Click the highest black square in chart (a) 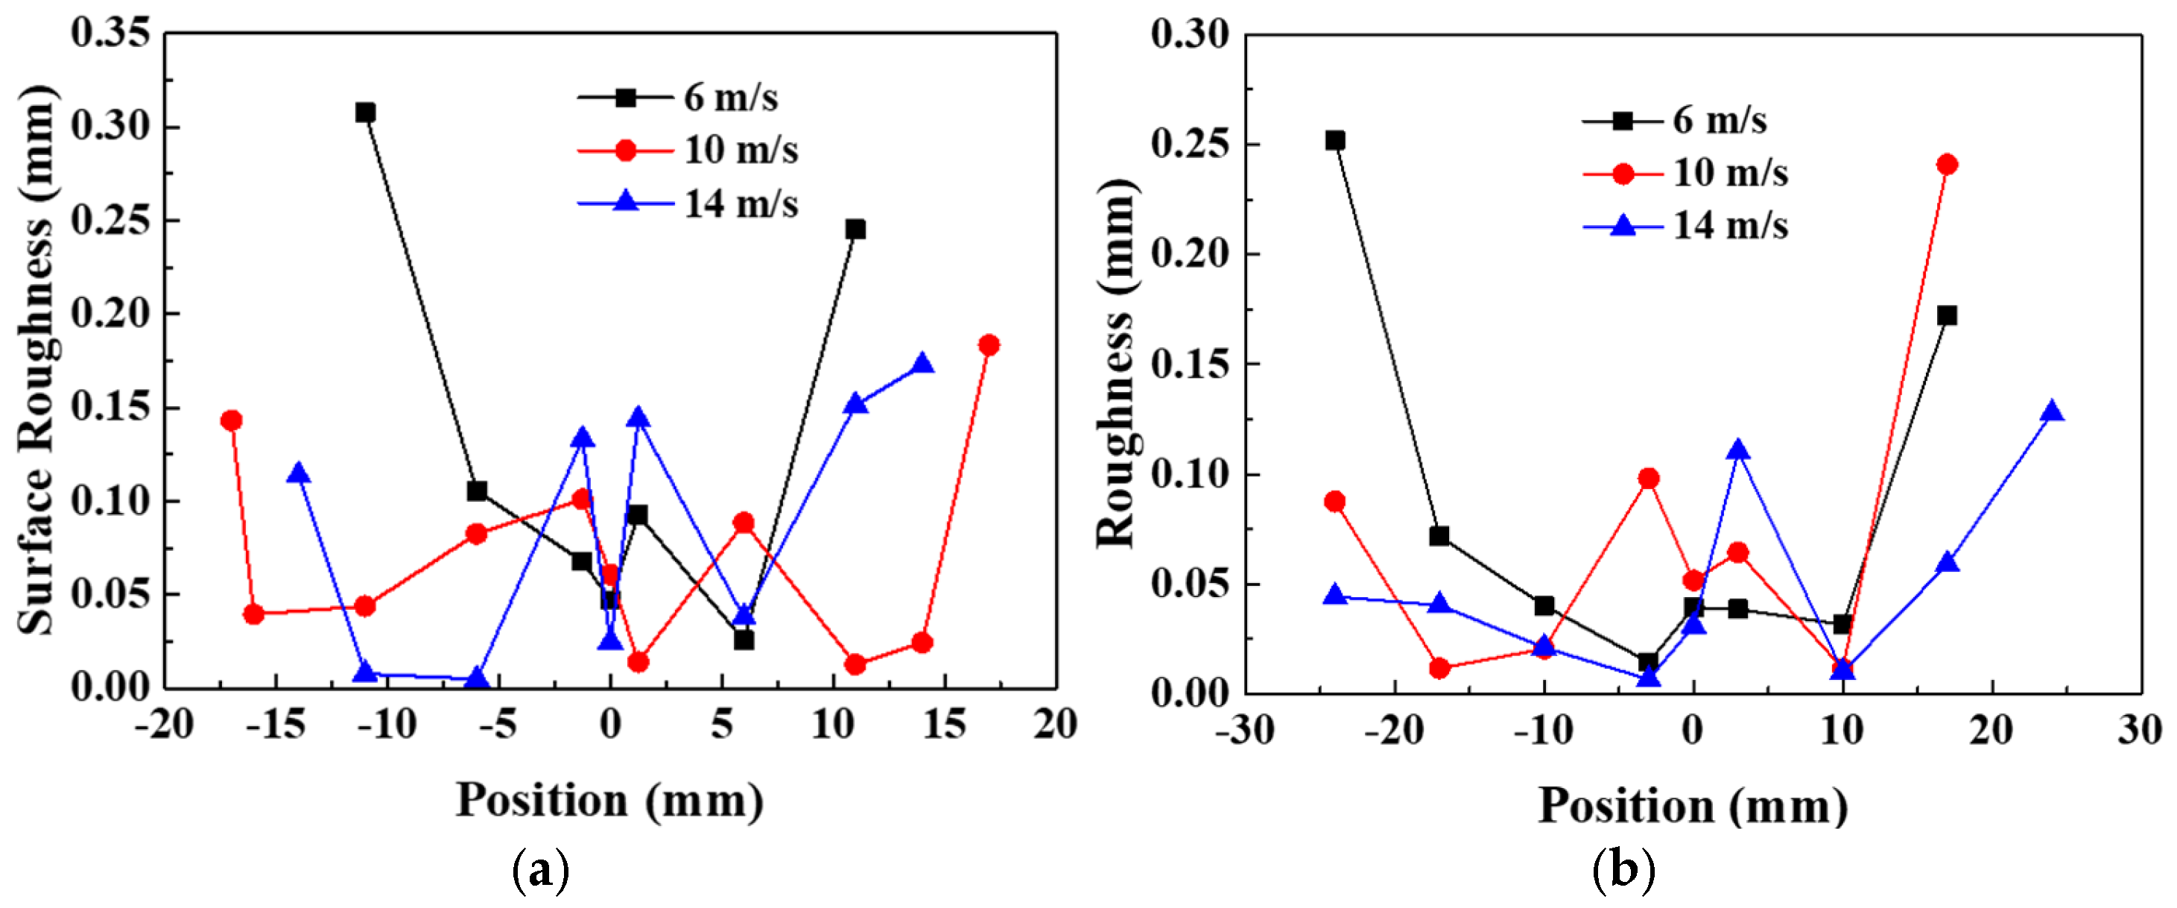coord(365,113)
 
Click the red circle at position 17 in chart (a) coord(989,345)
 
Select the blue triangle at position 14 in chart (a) coord(923,365)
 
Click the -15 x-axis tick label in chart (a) coord(275,725)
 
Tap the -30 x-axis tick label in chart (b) coord(1245,730)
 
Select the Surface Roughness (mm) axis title coord(36,360)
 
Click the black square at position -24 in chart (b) coord(1335,140)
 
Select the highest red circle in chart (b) coord(1947,164)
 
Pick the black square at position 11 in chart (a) coord(855,229)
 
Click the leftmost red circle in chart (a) coord(232,420)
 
